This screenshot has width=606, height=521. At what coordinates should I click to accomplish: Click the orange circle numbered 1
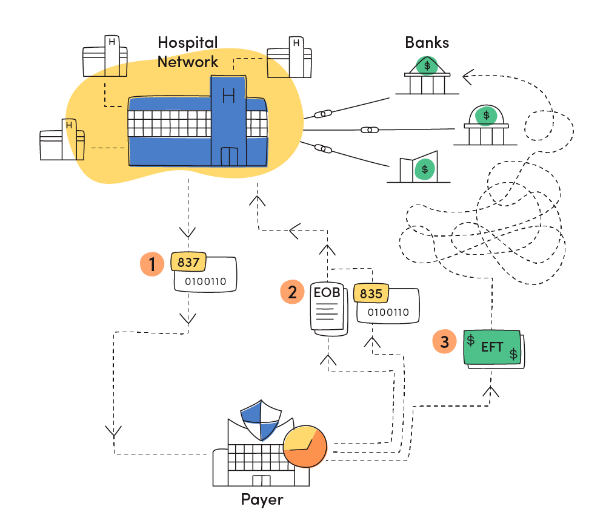pos(152,264)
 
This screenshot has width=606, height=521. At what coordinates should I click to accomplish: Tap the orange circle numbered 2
pos(292,292)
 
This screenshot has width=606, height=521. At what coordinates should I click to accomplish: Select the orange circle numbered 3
pos(444,341)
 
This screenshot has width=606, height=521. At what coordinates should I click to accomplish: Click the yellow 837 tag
pos(188,262)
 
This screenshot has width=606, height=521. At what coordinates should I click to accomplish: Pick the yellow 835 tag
pos(371,293)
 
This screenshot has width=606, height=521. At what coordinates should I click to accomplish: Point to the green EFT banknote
pos(493,349)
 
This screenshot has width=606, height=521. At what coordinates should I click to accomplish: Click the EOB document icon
pos(328,309)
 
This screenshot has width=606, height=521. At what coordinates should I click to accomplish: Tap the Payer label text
pos(262,500)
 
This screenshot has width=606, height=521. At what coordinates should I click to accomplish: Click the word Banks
pos(427,42)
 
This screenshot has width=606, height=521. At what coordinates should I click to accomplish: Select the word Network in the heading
pos(188,62)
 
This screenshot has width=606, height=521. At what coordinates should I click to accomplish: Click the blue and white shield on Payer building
pos(261,420)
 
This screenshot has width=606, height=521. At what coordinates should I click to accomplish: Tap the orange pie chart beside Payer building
pos(305,447)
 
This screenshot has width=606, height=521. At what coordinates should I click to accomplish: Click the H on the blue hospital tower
pos(228,95)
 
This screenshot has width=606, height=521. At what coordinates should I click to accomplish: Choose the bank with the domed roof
pos(486,125)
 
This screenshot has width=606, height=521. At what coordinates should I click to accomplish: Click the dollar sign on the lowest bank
pos(425,169)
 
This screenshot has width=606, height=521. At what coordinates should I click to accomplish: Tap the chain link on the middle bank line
pos(370,130)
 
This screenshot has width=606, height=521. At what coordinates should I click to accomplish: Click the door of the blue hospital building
pos(229,156)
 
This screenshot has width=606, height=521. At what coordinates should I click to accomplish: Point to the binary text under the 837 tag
pos(205,281)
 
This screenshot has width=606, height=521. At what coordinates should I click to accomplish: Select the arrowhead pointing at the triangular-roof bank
pos(468,77)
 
